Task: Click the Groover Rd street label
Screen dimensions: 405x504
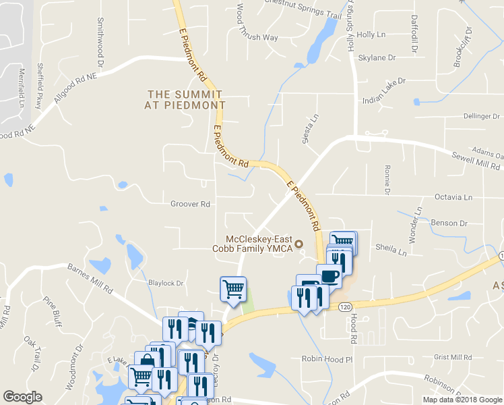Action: [x=191, y=204]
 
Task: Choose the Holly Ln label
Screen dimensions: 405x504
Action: [x=371, y=34]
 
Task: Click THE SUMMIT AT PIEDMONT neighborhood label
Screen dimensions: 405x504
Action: [x=185, y=100]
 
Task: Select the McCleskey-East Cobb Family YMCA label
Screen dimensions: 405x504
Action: [x=260, y=244]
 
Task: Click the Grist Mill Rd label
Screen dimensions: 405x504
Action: [x=453, y=357]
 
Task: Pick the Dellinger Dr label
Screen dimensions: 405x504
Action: [x=482, y=116]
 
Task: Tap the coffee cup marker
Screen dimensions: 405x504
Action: [x=329, y=276]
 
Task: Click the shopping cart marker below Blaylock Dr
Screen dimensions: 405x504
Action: [x=233, y=289]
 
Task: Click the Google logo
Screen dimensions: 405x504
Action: [x=23, y=396]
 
